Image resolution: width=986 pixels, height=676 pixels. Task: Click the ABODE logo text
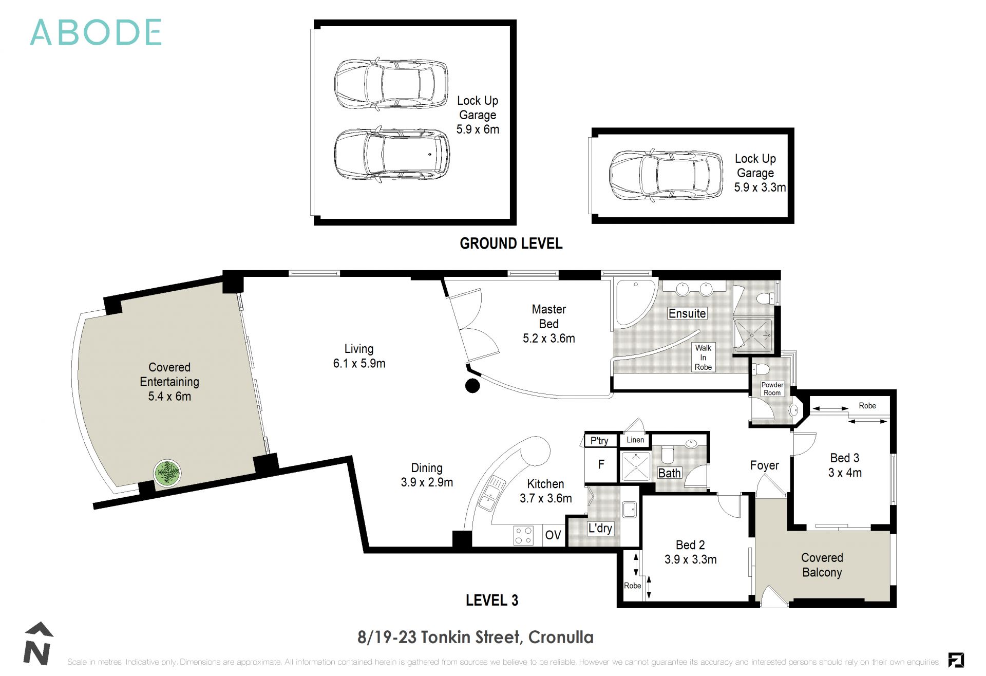(96, 32)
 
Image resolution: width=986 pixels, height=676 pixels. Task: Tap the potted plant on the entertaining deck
(167, 473)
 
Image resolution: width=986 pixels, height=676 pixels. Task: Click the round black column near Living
(472, 386)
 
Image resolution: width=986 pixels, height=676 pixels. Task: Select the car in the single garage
(666, 176)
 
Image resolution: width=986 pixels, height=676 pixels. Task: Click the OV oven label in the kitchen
(553, 535)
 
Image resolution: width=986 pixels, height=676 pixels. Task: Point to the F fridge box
(601, 465)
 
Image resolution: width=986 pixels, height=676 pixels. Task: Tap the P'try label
(599, 441)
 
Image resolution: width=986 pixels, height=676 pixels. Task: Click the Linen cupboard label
(635, 440)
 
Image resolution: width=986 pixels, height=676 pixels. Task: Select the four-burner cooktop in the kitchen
(523, 536)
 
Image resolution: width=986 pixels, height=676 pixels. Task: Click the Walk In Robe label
(703, 358)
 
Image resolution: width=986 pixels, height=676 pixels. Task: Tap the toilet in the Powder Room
(761, 369)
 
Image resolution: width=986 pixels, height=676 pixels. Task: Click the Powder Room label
(772, 389)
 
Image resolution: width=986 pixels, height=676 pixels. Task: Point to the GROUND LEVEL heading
(511, 243)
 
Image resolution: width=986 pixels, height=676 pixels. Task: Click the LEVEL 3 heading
(491, 600)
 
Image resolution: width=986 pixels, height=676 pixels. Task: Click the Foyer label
(764, 465)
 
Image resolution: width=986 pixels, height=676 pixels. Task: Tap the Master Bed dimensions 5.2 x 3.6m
(548, 339)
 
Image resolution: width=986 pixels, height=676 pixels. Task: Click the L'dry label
(600, 528)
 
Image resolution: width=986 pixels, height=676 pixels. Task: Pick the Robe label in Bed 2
(632, 586)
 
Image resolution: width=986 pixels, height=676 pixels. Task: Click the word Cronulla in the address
(561, 637)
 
